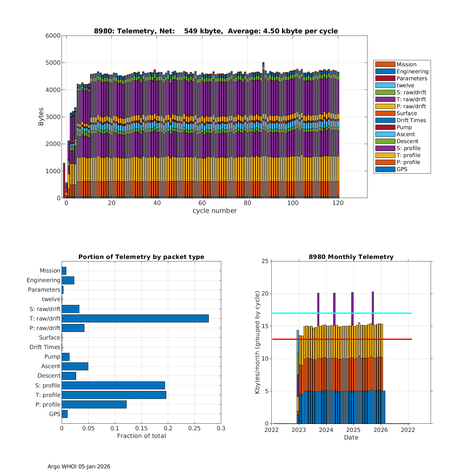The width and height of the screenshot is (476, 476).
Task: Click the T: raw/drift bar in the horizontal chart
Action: pyautogui.click(x=135, y=318)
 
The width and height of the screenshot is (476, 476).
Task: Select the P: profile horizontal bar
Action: pyautogui.click(x=94, y=404)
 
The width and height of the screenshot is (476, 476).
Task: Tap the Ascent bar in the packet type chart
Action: pyautogui.click(x=75, y=366)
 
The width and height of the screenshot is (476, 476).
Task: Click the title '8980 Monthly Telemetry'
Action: pyautogui.click(x=351, y=257)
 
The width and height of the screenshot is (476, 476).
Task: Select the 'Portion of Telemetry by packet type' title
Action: pyautogui.click(x=141, y=257)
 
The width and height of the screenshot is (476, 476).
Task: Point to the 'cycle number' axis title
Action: pyautogui.click(x=215, y=211)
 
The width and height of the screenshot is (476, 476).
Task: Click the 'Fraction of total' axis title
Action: pyautogui.click(x=141, y=436)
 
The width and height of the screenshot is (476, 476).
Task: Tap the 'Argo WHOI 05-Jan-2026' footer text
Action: pyautogui.click(x=79, y=466)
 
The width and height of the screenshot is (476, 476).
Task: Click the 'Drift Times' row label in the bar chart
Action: pyautogui.click(x=45, y=347)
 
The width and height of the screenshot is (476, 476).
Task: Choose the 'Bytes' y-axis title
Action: pyautogui.click(x=41, y=117)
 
